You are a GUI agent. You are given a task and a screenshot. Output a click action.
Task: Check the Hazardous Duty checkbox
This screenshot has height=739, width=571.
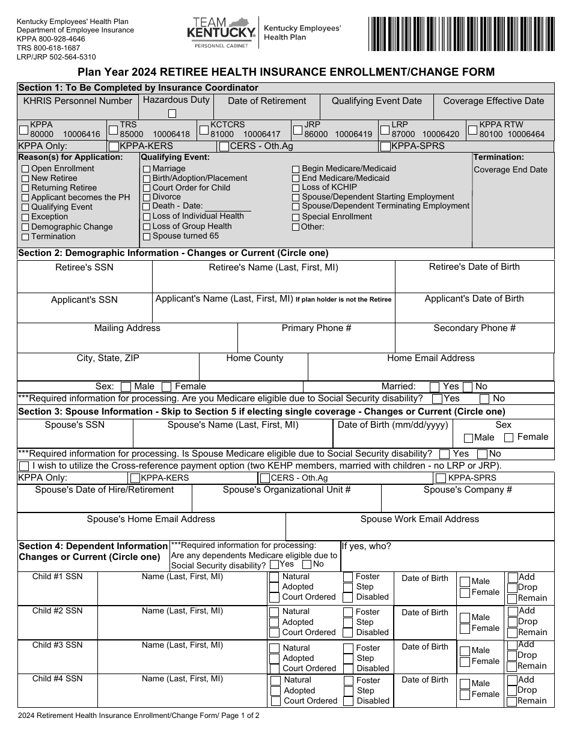tap(173, 113)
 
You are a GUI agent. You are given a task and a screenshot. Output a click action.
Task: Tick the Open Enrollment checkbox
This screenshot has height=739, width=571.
tap(25, 169)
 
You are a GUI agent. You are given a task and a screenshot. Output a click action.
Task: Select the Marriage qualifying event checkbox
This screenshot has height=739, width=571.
tap(147, 169)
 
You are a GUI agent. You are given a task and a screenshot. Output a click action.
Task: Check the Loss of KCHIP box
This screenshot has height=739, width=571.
tap(296, 187)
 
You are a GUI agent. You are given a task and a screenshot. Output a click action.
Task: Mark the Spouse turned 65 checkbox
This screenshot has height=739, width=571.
tap(147, 237)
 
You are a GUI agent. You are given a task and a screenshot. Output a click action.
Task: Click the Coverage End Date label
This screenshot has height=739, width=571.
tap(510, 169)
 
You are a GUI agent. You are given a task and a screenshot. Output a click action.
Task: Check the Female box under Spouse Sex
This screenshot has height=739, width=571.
tap(508, 438)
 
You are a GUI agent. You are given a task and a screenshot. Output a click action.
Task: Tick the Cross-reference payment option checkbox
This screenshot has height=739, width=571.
tap(24, 466)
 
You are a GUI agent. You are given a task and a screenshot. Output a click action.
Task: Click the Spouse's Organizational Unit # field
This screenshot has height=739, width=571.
tap(287, 502)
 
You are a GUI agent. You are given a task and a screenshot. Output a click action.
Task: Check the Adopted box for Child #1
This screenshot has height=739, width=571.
tap(274, 587)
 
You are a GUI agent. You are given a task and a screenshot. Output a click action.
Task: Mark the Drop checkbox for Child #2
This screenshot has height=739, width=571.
tap(512, 622)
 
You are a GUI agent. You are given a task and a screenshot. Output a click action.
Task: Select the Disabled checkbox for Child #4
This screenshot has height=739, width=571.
tap(349, 701)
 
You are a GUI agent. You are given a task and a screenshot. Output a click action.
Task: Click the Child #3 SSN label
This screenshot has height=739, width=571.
tap(58, 645)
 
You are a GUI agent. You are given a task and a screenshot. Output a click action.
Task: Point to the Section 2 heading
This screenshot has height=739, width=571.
tap(173, 253)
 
